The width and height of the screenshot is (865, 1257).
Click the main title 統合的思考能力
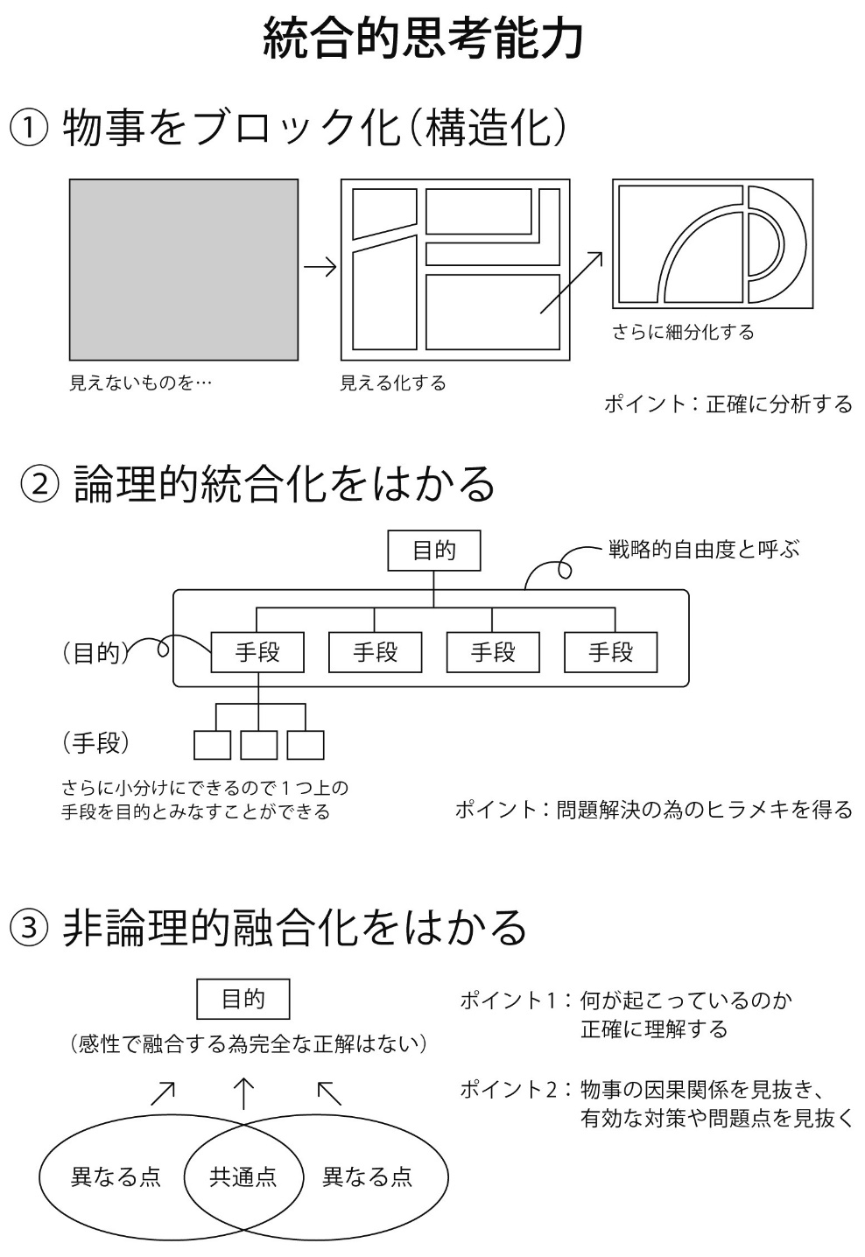423,39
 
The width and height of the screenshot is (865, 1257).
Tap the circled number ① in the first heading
28,129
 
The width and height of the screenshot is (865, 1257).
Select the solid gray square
184,270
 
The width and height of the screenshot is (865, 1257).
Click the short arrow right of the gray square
320,267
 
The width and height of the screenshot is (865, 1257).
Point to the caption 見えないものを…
140,383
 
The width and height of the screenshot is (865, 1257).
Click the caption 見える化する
393,383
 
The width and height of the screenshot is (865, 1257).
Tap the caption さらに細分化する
683,333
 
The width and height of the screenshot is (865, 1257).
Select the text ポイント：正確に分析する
728,404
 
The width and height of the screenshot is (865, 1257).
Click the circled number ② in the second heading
39,484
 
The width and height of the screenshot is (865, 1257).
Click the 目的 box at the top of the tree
434,551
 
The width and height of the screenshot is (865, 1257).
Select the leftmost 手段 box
257,652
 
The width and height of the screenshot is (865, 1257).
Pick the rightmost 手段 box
611,652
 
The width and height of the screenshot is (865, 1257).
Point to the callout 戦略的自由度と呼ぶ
704,550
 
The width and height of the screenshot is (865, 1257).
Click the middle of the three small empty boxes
259,745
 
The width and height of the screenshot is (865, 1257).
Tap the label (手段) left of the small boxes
96,742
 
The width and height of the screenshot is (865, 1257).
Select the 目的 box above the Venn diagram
243,999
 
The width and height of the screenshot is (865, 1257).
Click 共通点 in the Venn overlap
243,1176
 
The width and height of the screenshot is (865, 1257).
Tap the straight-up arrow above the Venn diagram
243,1093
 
